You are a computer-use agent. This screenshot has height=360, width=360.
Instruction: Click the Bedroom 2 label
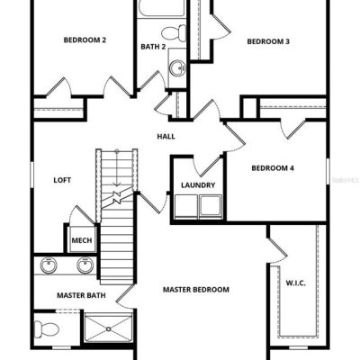(x=85, y=40)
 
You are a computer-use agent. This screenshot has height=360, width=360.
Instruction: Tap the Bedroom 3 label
(x=268, y=41)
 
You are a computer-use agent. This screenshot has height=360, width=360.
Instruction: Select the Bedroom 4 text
(x=273, y=168)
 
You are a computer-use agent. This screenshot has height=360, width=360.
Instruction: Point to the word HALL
(x=166, y=137)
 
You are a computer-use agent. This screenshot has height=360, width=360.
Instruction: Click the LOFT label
(x=62, y=180)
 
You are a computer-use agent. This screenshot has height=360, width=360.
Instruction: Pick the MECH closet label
(x=82, y=240)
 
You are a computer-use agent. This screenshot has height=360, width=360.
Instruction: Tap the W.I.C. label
(x=295, y=283)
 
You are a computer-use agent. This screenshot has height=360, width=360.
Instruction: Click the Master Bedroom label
(x=196, y=290)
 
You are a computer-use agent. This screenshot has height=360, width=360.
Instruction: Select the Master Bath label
(x=81, y=295)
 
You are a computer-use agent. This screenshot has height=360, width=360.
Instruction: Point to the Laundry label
(x=198, y=185)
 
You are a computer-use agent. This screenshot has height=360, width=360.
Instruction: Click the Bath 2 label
(x=153, y=47)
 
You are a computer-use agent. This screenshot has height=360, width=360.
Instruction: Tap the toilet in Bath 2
(x=174, y=33)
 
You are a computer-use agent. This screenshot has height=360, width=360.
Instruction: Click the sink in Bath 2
(x=177, y=68)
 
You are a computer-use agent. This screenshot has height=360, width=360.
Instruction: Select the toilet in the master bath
(x=46, y=328)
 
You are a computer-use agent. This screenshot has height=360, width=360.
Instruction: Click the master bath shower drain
(x=109, y=328)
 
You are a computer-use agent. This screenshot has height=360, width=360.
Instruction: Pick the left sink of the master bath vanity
(x=49, y=265)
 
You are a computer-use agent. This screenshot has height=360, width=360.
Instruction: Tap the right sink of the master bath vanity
(x=85, y=265)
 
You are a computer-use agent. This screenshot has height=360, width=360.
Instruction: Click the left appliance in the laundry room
(x=186, y=206)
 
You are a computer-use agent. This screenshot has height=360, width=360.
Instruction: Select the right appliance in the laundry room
(x=211, y=206)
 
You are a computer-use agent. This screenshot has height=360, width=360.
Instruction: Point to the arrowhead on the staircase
(x=117, y=184)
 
